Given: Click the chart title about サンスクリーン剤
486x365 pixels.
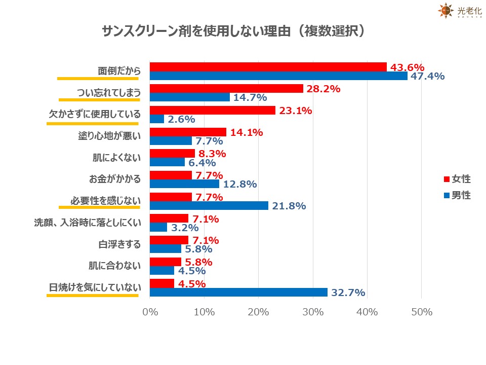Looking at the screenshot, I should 233,31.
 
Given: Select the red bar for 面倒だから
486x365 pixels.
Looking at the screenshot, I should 268,67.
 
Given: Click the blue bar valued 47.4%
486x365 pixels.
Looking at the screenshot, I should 278,76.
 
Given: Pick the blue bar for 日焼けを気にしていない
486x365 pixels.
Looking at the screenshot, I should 239,293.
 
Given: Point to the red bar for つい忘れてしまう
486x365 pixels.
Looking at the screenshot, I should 226,89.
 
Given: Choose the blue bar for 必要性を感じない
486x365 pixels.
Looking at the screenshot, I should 209,206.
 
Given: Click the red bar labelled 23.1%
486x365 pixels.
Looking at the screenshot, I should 213,110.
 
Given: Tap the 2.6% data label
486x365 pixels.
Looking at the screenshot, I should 181,120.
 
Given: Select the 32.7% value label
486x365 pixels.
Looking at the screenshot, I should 348,293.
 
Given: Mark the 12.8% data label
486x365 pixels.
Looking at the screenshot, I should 239,185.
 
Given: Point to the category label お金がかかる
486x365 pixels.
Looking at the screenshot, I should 115,179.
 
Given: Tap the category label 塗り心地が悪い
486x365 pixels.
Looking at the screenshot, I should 111,136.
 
